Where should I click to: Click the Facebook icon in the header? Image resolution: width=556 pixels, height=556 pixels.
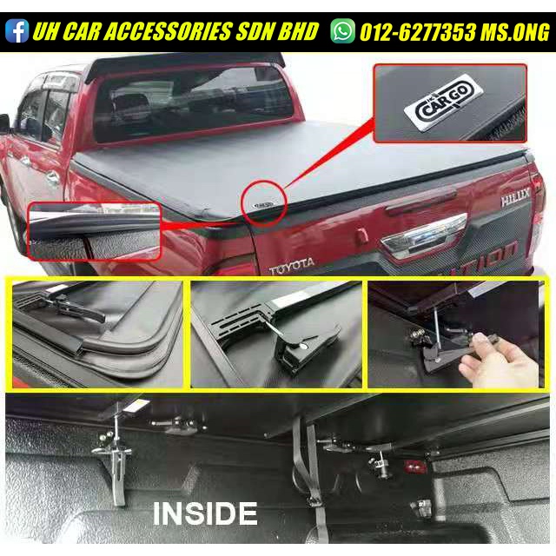[17, 32]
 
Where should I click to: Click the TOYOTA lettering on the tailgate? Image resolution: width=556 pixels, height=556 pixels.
[294, 269]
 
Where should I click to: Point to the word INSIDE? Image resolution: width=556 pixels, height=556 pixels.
[205, 513]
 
